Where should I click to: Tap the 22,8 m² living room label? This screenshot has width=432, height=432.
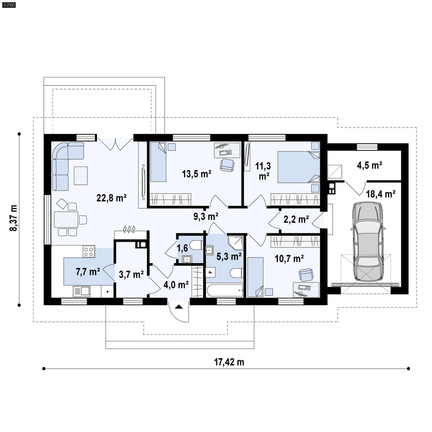coord(112,198)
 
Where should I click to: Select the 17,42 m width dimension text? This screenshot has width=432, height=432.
coord(229,362)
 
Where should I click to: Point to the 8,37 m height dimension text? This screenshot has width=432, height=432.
coord(13,218)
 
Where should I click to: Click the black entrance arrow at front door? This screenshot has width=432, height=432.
coord(179,307)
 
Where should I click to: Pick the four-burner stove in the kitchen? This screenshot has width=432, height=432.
coord(89,251)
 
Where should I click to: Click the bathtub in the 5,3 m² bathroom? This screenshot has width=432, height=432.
coord(225,291)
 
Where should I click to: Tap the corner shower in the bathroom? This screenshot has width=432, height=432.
coord(235,243)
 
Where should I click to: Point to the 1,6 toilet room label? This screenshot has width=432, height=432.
coord(182,248)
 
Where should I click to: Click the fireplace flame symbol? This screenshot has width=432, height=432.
coord(129,229)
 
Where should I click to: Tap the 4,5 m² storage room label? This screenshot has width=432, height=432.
coord(369,165)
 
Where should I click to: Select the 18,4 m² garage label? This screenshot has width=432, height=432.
coord(381,194)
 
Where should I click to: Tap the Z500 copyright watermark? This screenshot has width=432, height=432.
coord(9,5)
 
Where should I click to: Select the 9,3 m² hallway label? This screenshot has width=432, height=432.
coord(206,216)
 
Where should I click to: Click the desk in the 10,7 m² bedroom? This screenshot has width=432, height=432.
coord(306,289)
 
